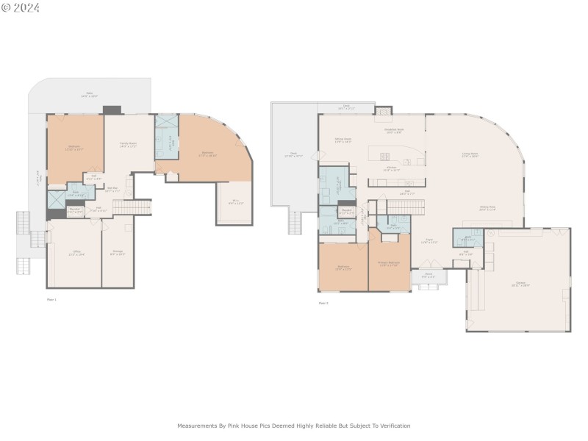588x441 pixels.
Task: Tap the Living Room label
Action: pos(470,154)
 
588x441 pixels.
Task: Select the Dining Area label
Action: pos(487,208)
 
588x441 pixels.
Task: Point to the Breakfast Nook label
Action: pos(393,130)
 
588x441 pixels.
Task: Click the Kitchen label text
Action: pos(392,168)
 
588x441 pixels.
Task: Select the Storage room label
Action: pos(118,252)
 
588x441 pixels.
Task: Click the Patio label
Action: pos(90,94)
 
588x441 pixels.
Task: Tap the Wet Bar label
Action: pos(112,189)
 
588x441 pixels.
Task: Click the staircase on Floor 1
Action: pos(132,207)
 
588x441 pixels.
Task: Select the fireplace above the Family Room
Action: pos(112,110)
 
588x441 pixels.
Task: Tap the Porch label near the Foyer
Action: pos(429,276)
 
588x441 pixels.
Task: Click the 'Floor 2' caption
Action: pos(323,303)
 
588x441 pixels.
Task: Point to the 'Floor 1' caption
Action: pos(51,299)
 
